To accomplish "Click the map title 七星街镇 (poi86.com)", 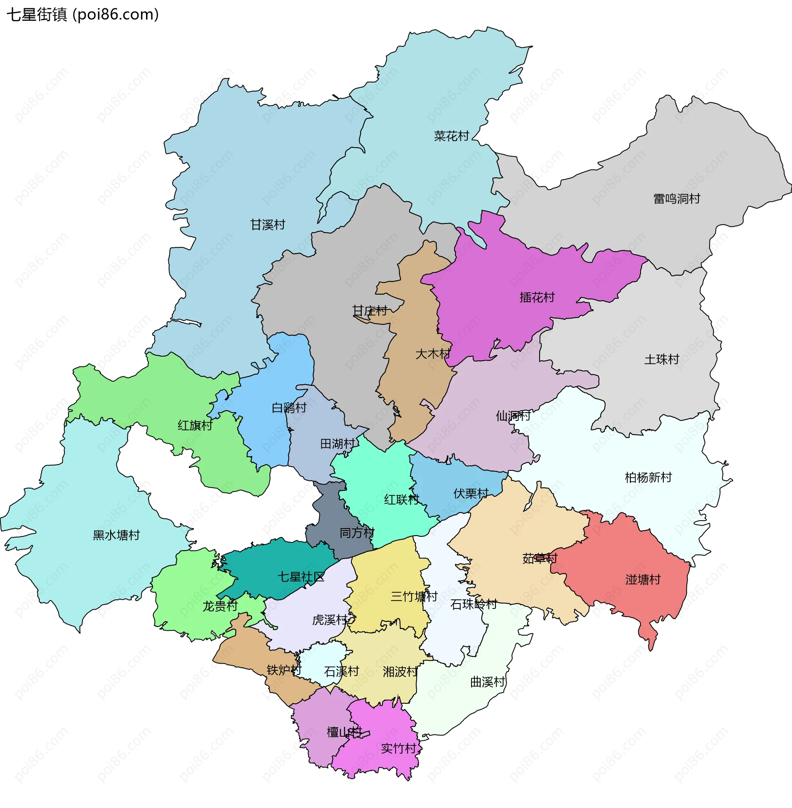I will tap(82, 15).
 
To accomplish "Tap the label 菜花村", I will tap(451, 136).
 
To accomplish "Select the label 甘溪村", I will tap(267, 225).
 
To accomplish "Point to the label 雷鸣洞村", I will tap(677, 199).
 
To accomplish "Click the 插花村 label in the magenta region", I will tap(537, 297).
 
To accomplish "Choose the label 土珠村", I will tap(661, 359).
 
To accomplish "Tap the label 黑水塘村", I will tap(116, 536).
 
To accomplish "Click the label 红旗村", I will tap(195, 425).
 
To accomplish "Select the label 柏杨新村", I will tap(648, 477).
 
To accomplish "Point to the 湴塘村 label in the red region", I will tap(643, 580).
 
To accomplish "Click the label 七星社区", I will tap(301, 577).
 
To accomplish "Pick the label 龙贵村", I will tap(219, 606).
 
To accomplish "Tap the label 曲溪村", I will tap(488, 682).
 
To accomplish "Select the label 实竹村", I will tap(398, 749).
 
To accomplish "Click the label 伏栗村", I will tap(471, 494).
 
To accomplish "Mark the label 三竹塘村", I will tap(414, 597).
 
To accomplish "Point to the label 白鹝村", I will tap(289, 408).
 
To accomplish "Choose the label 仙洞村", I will tap(513, 416).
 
